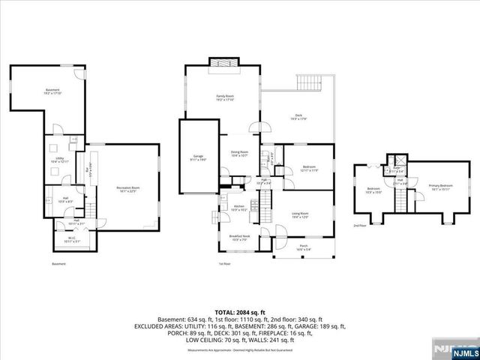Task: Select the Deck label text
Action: pyautogui.click(x=298, y=117)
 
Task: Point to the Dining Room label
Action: pyautogui.click(x=238, y=154)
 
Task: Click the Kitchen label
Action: pyautogui.click(x=238, y=208)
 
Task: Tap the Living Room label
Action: pyautogui.click(x=300, y=215)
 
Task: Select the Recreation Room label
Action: pyautogui.click(x=128, y=189)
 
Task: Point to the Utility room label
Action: pyautogui.click(x=58, y=160)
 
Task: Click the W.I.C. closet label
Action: pyautogui.click(x=67, y=240)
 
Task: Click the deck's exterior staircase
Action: pyautogui.click(x=310, y=83)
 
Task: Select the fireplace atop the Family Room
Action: pyautogui.click(x=222, y=63)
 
